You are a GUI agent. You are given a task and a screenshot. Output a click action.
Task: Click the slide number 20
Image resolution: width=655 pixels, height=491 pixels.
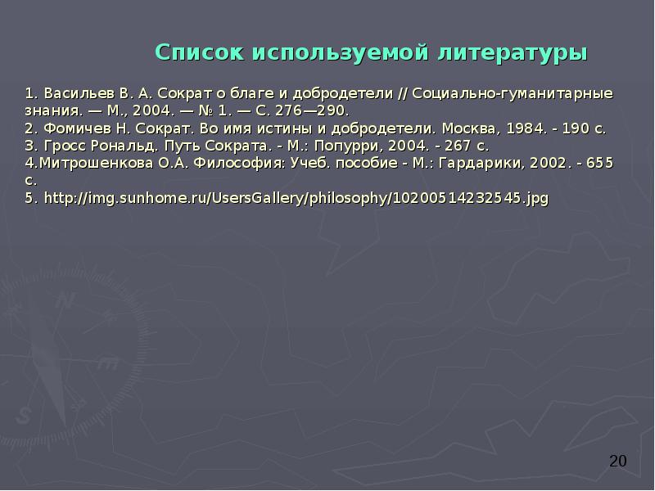[618, 462]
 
